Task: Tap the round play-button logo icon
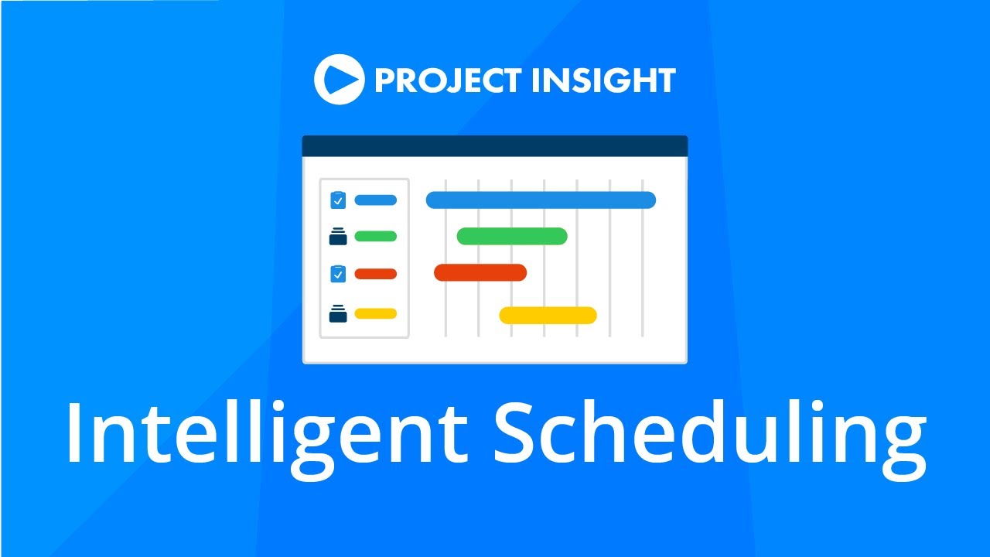point(339,80)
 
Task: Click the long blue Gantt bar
point(541,200)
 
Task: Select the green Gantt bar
point(512,236)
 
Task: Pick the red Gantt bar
point(480,272)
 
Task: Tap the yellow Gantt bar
point(548,315)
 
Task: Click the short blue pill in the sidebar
point(375,200)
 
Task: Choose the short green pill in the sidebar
point(375,236)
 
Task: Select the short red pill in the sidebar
point(375,273)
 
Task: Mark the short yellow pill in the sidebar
point(375,313)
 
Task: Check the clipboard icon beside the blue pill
point(338,200)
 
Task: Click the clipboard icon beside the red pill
point(338,273)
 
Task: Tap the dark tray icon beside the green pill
point(338,237)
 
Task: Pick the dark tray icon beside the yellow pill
point(338,314)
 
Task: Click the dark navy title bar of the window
point(494,146)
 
